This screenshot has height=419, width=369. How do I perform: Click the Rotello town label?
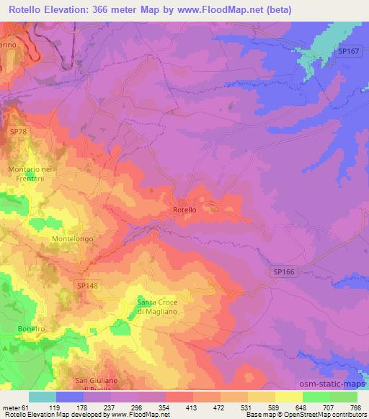pyautogui.click(x=184, y=209)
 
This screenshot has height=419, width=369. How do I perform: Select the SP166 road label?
pyautogui.click(x=285, y=270)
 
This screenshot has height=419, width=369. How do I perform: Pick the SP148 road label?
pyautogui.click(x=87, y=286)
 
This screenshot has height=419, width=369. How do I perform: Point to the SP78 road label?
pyautogui.click(x=19, y=132)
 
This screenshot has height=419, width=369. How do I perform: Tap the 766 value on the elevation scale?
pyautogui.click(x=355, y=407)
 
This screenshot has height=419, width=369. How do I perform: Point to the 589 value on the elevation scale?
pyautogui.click(x=273, y=407)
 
